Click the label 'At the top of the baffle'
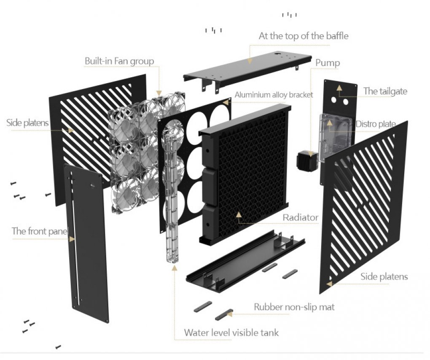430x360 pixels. (x=304, y=36)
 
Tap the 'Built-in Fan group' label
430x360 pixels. (x=119, y=61)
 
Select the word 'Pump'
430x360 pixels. (x=328, y=63)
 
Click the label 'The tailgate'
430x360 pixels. (x=385, y=91)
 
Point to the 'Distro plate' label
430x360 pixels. (x=376, y=124)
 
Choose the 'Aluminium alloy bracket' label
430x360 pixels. (x=274, y=95)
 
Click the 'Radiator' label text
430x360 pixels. (x=301, y=217)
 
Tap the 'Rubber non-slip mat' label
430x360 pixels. (x=294, y=307)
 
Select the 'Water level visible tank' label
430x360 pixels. (x=231, y=333)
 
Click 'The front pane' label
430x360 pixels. (x=39, y=231)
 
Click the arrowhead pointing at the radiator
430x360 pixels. (x=239, y=214)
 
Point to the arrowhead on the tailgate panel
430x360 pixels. (x=339, y=88)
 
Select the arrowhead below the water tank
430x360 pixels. (x=174, y=268)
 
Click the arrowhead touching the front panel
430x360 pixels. (x=72, y=239)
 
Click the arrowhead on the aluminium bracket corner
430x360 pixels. (x=226, y=103)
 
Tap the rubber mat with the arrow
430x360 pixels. (x=224, y=315)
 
